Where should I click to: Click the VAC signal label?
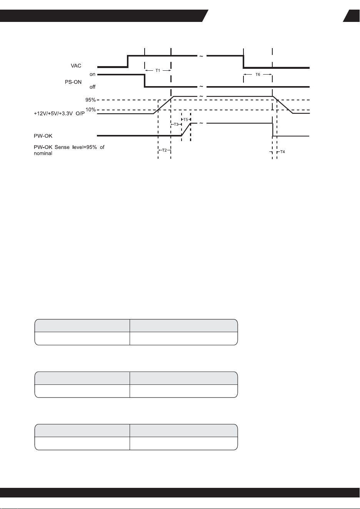(x=76, y=66)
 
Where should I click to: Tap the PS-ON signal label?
(x=73, y=82)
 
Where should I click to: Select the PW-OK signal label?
(x=43, y=136)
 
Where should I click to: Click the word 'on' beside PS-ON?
(x=92, y=74)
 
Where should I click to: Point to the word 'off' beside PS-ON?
(x=92, y=87)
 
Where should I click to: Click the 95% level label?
(x=90, y=100)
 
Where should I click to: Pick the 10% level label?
(x=91, y=110)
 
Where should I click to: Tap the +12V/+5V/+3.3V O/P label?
(x=59, y=114)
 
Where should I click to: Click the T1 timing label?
(x=158, y=70)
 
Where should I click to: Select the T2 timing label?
(x=164, y=150)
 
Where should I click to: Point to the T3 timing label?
(x=176, y=124)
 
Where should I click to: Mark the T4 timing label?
(x=282, y=151)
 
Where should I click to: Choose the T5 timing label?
(x=185, y=119)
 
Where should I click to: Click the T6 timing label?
(x=258, y=74)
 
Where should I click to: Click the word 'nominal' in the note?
(x=43, y=153)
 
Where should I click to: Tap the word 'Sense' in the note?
(x=62, y=147)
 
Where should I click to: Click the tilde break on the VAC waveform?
(x=202, y=56)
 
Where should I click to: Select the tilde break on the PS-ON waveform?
(x=202, y=86)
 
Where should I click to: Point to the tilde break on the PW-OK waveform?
(x=202, y=123)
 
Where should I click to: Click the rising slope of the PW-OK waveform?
(x=186, y=130)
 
